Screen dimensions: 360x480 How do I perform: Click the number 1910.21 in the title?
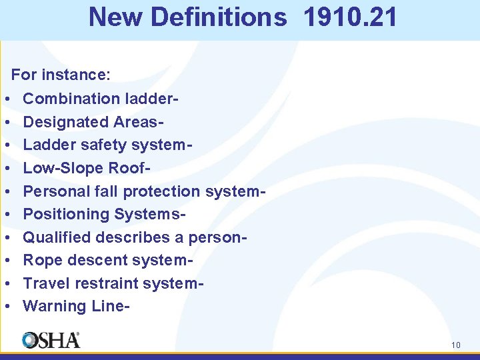tap(349, 17)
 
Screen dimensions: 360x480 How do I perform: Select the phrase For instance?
tap(61, 75)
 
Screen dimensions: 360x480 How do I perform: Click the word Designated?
tap(65, 122)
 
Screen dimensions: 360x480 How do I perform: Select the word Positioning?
tap(66, 214)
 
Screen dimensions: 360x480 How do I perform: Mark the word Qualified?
tap(57, 237)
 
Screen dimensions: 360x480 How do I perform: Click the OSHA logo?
tap(51, 340)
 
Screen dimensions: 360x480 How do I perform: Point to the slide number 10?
tap(456, 345)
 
